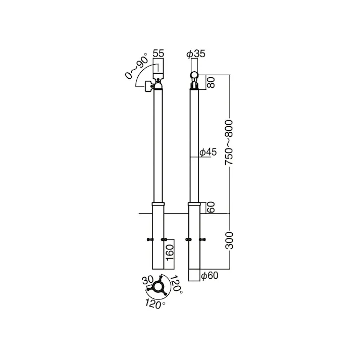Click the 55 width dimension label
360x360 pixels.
158,53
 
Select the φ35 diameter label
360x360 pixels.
195,54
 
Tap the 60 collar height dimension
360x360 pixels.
211,207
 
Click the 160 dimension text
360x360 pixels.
170,251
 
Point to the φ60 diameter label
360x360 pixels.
209,276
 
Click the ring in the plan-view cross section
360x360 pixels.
159,288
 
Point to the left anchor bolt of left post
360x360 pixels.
149,239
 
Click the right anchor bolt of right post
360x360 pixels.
203,239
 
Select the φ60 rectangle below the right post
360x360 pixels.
194,275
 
